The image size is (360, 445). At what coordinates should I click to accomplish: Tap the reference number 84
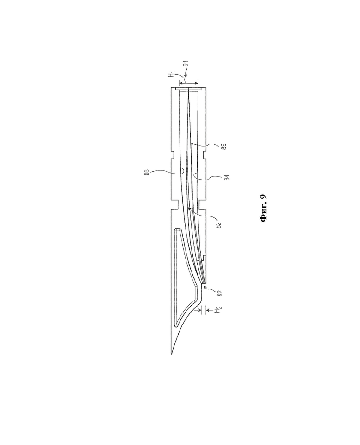[x=226, y=178]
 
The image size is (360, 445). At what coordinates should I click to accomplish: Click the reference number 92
[x=221, y=293]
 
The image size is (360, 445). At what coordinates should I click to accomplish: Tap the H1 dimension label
[x=171, y=75]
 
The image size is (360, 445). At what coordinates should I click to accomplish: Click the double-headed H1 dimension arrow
[x=189, y=83]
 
